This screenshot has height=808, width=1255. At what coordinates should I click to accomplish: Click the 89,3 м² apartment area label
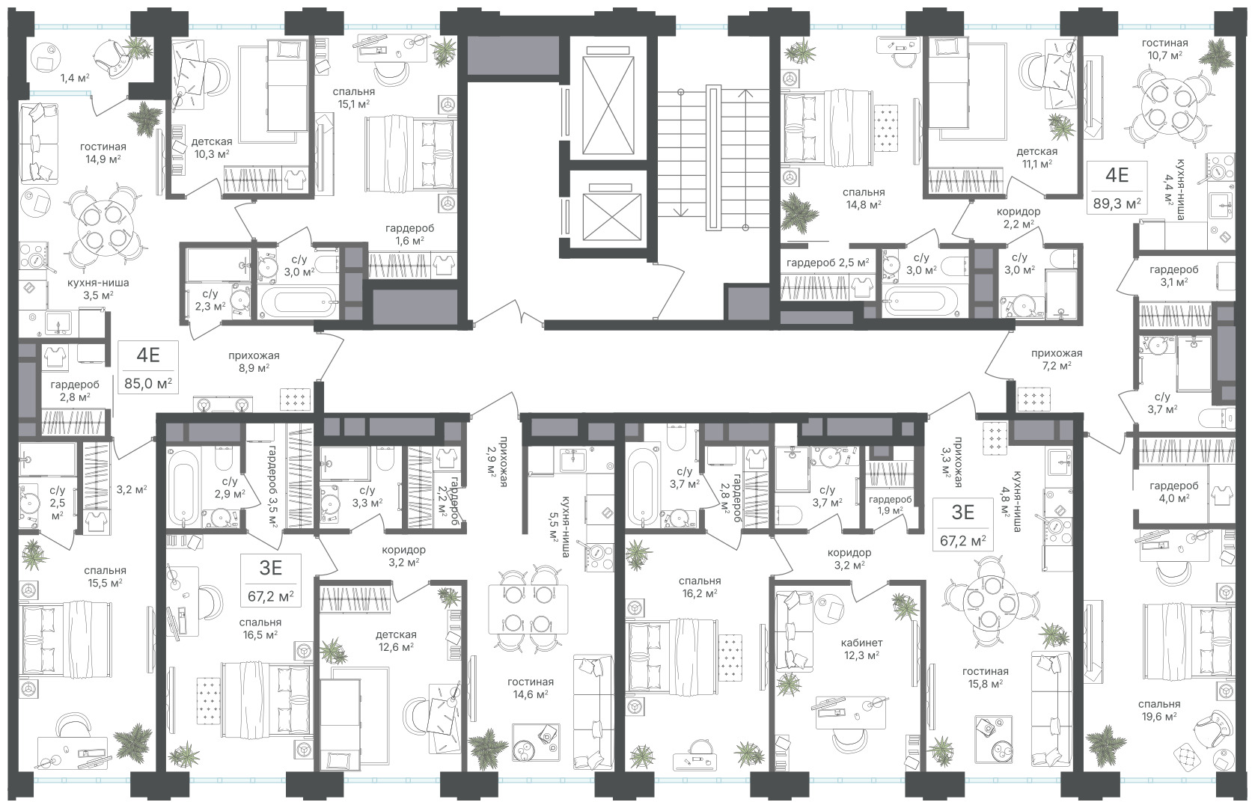pos(1117,203)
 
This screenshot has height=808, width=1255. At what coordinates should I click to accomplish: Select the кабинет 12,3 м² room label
pos(861,649)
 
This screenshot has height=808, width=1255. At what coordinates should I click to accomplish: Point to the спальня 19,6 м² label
pos(1159,710)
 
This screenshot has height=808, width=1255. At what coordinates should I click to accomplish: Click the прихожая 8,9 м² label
pos(254,361)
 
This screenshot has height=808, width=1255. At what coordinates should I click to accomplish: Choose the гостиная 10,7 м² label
pos(1164,49)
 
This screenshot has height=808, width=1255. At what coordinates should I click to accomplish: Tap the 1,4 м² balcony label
pos(75,78)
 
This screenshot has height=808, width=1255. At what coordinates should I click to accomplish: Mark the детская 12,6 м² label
pos(396,640)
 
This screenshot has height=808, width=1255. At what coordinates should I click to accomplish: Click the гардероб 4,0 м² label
pos(1173,492)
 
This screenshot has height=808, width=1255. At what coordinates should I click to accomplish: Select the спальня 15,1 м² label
pos(353,97)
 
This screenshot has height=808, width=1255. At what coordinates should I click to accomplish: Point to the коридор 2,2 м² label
pos(1018,218)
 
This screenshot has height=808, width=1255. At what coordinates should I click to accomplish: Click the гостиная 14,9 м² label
pos(103,153)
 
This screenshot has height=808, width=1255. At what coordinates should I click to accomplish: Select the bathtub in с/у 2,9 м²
pos(184,487)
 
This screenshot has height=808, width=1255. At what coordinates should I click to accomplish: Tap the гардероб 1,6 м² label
pos(409,235)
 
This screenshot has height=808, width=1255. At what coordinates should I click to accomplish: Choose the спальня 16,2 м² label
pos(699,587)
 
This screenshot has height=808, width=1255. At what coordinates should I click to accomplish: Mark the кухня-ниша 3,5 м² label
pos(98,289)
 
